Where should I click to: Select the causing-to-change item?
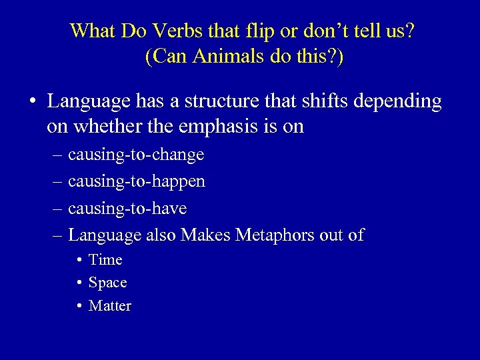136,155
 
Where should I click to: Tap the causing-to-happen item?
137,182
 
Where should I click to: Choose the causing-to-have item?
127,209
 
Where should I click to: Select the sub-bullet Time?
105,260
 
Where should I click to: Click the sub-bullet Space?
107,283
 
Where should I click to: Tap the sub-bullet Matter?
110,306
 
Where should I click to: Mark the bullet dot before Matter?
79,306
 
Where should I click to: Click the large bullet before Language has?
31,102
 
